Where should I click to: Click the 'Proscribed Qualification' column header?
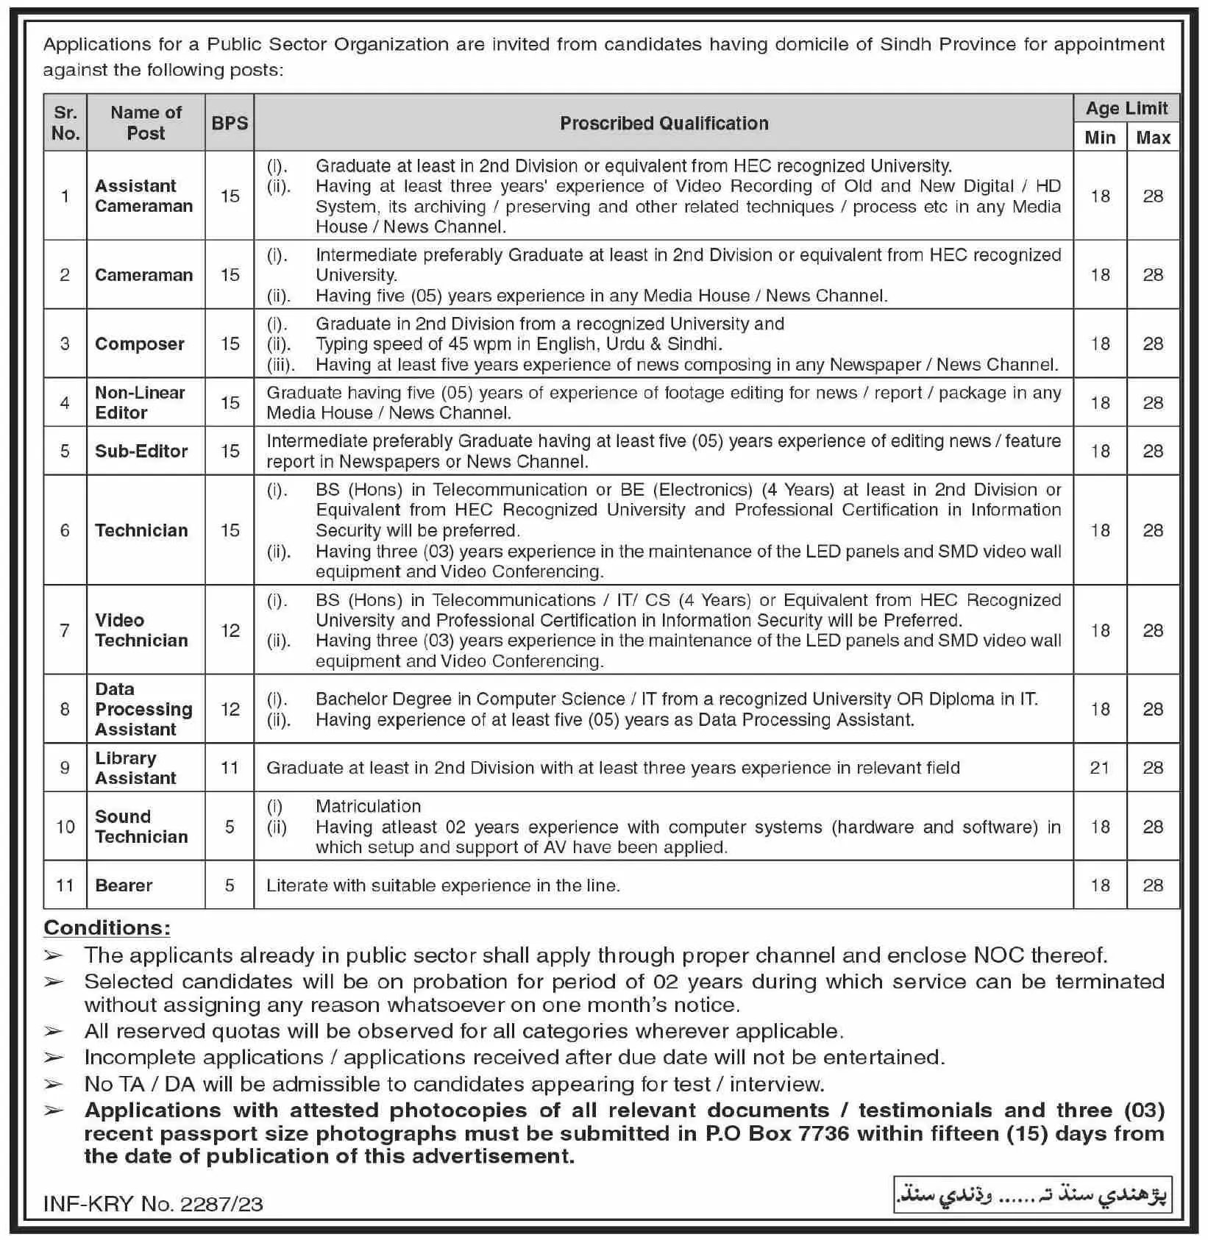click(664, 123)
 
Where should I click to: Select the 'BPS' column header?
click(230, 123)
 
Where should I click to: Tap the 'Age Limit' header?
click(1126, 109)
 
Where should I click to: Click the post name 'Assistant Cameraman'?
click(144, 196)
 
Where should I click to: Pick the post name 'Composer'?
click(140, 343)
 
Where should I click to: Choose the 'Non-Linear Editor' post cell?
click(140, 402)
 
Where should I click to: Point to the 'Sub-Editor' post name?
click(141, 451)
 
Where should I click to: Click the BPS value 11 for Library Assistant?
click(230, 768)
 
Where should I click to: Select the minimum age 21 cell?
click(1100, 768)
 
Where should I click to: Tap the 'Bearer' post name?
click(124, 885)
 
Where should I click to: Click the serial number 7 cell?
click(65, 630)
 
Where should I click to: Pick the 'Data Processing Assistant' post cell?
click(143, 709)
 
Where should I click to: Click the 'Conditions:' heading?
click(107, 927)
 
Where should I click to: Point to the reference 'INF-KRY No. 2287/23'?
click(153, 1204)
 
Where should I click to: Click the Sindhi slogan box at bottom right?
click(1031, 1196)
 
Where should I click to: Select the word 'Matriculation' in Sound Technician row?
click(368, 806)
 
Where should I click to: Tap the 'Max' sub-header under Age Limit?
click(1153, 138)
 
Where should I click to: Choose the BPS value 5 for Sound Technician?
click(230, 827)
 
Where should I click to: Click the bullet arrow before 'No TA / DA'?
click(53, 1084)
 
